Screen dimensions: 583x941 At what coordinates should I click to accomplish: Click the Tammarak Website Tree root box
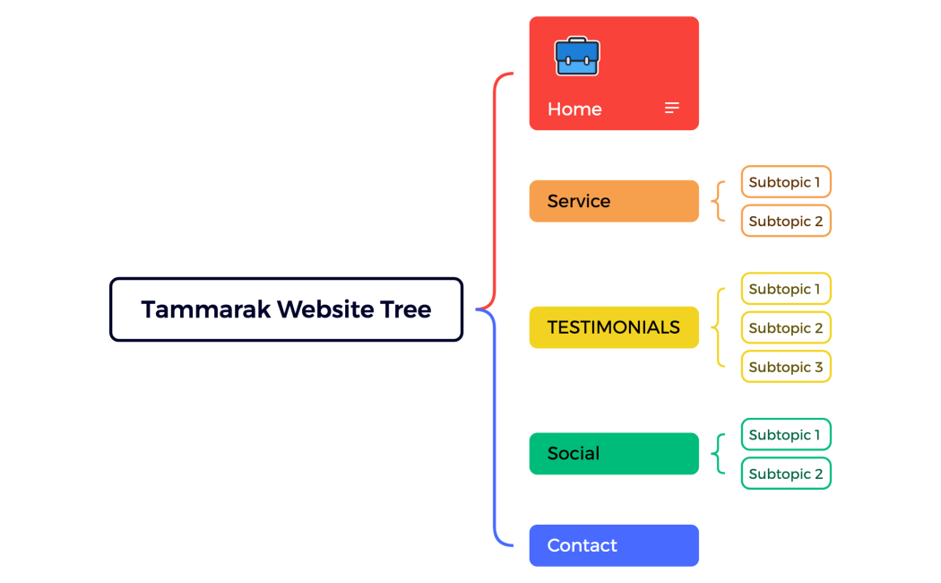click(286, 309)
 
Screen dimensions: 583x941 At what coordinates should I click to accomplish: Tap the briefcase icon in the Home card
click(577, 57)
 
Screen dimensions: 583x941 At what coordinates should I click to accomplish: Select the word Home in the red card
click(574, 109)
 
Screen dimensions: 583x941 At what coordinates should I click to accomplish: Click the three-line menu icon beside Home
click(671, 109)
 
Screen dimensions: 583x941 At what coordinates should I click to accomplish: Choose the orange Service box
click(614, 201)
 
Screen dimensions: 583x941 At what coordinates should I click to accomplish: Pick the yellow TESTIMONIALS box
click(614, 327)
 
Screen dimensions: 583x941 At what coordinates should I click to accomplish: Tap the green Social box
click(614, 454)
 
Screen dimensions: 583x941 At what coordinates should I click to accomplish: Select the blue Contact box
click(614, 545)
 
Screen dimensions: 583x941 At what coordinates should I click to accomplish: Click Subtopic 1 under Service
click(785, 182)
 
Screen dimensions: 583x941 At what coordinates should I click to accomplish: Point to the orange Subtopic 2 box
click(785, 222)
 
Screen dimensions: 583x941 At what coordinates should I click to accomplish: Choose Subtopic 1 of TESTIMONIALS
click(785, 289)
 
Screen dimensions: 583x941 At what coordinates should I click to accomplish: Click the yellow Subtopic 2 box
click(785, 328)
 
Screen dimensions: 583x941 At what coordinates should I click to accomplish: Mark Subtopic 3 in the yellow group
click(785, 367)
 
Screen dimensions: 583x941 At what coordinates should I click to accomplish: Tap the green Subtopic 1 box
click(785, 435)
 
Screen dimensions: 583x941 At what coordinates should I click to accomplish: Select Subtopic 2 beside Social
click(785, 474)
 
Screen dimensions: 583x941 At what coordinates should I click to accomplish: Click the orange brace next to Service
click(718, 201)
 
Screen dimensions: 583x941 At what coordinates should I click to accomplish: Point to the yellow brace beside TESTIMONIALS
click(718, 327)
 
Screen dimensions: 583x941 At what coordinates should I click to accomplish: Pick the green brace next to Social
click(718, 454)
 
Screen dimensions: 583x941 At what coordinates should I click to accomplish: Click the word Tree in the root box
click(407, 309)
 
